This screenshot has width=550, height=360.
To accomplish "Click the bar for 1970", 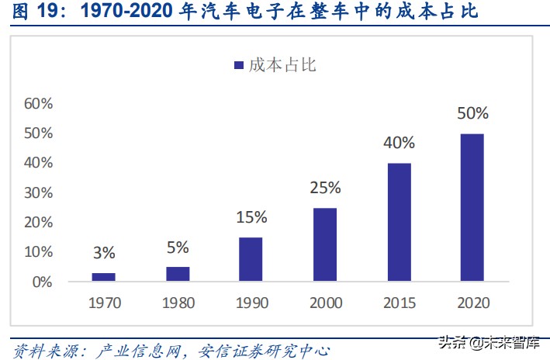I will [104, 277].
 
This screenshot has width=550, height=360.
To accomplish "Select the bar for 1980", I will [178, 274].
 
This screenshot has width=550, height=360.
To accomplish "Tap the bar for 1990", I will [251, 259].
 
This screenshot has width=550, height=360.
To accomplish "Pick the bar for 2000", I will [325, 244].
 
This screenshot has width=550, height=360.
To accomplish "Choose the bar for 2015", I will [399, 222].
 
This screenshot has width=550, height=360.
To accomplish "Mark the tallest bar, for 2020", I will [472, 207].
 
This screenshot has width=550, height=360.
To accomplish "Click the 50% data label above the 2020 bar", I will [472, 113].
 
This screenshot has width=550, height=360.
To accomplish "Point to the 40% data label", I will [399, 143].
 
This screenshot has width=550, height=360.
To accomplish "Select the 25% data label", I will [325, 188].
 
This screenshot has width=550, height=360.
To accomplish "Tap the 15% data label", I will [251, 217].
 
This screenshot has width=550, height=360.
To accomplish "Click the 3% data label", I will [104, 253].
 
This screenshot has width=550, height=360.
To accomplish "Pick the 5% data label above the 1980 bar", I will [178, 247].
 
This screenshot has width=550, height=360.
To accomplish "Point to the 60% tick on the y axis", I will [38, 104].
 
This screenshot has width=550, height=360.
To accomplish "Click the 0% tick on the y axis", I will [42, 282].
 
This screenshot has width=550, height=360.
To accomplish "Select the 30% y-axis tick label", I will [38, 192].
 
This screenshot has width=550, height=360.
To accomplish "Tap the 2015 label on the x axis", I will [399, 302].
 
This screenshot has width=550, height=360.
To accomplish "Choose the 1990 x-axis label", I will [251, 302].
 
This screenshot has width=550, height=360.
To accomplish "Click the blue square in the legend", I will [239, 65].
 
